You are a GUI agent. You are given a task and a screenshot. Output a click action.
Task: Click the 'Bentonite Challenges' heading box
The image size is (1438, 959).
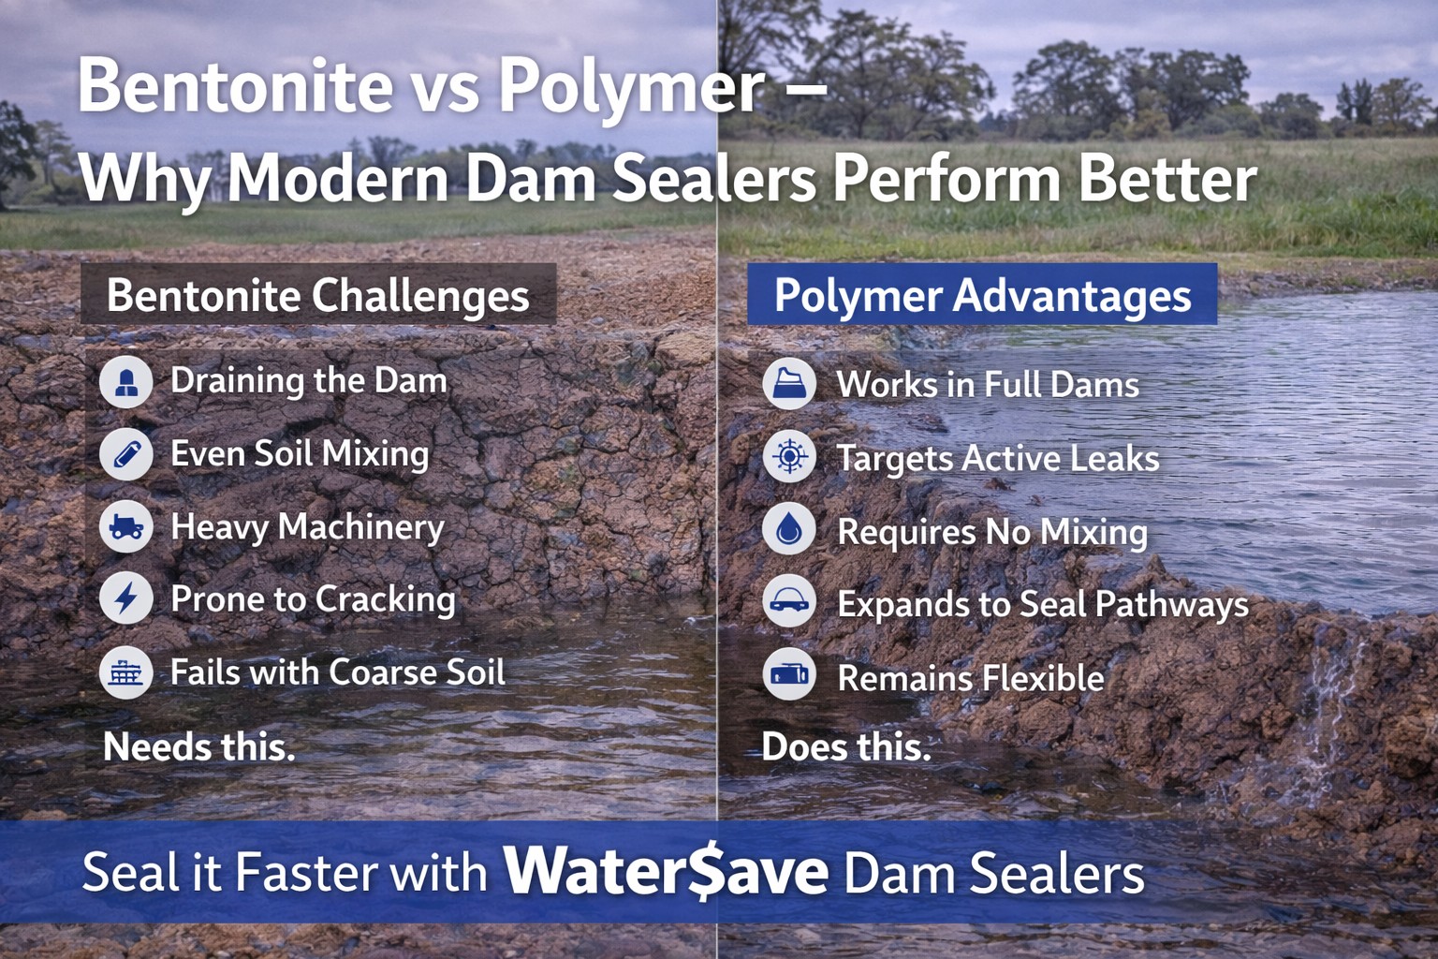[318, 295]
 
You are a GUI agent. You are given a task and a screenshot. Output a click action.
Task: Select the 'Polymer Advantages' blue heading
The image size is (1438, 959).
[982, 295]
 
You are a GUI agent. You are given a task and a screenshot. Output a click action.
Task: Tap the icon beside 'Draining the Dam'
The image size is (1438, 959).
[126, 381]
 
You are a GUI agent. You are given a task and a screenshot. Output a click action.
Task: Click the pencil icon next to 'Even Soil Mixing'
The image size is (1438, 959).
[126, 454]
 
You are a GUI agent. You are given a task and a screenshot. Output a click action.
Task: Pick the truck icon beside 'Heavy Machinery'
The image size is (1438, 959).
[126, 526]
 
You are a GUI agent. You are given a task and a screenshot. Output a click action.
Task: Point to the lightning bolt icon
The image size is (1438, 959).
[126, 598]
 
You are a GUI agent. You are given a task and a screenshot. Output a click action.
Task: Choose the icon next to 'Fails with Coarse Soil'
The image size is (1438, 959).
[126, 672]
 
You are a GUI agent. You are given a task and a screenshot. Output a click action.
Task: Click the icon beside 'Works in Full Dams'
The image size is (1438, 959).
[789, 384]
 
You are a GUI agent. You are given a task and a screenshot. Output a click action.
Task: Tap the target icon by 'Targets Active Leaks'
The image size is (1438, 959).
[789, 457]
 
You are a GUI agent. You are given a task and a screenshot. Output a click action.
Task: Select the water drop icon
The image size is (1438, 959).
[789, 529]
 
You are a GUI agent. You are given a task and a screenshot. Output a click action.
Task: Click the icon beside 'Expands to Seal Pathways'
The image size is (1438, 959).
[789, 602]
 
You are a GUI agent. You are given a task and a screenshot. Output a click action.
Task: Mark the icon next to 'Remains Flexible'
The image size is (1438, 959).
[789, 674]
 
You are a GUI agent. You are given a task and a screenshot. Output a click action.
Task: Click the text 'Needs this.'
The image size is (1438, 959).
[198, 746]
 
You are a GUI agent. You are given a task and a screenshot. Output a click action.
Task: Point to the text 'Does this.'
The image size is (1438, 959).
[846, 746]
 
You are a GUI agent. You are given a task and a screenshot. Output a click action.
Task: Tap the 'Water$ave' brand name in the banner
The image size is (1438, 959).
[666, 871]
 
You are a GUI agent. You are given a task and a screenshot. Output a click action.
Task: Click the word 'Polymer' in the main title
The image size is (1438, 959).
[632, 86]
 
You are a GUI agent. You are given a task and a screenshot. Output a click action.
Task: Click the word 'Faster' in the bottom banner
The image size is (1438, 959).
[306, 872]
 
